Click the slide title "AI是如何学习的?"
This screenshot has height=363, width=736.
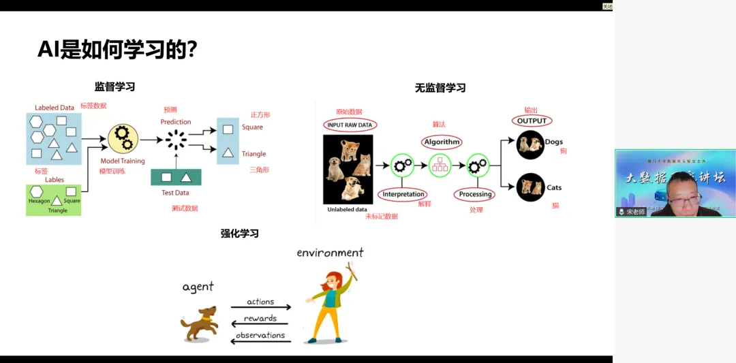[117, 49]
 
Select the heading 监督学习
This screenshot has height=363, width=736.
[114, 86]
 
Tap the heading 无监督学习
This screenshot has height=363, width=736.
[440, 88]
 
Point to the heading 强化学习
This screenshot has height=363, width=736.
[239, 233]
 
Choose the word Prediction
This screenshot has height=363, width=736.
[176, 122]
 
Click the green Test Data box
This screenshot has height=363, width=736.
[176, 177]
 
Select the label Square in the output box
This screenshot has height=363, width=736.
[251, 127]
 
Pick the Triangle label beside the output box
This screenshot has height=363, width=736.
[254, 154]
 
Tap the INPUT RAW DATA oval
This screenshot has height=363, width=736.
[350, 125]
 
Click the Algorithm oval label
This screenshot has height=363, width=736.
[442, 142]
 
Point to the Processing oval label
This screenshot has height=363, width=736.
[475, 194]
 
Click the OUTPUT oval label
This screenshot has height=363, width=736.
[532, 121]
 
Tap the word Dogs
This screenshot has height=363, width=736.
[553, 142]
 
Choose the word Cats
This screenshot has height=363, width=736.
[554, 187]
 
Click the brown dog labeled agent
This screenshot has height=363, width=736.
[199, 323]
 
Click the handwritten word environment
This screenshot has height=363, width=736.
[330, 253]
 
